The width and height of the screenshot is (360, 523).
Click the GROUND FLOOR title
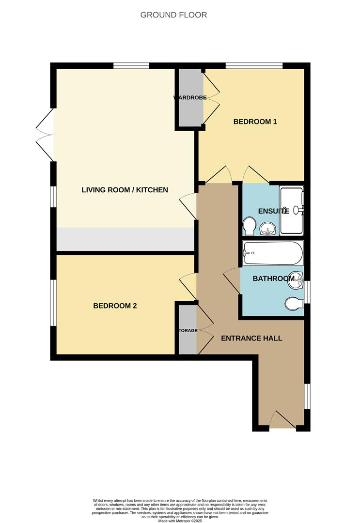click(x=173, y=15)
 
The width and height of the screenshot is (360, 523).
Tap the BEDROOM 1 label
click(x=255, y=122)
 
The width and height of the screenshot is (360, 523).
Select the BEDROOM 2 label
click(x=115, y=306)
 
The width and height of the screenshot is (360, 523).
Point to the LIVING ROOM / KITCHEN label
click(x=125, y=190)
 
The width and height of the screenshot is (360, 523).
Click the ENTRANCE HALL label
click(x=251, y=338)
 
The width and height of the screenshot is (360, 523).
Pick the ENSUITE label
click(x=273, y=211)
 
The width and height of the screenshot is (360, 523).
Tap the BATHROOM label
click(x=273, y=278)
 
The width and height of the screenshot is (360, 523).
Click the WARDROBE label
click(x=190, y=98)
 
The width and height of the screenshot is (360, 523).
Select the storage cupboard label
click(x=188, y=331)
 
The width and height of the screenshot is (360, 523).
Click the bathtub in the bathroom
click(x=273, y=253)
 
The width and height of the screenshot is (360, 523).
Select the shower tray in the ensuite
click(x=291, y=199)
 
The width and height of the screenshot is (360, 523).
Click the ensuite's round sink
click(x=266, y=229)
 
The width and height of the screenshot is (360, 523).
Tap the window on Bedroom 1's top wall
click(x=254, y=65)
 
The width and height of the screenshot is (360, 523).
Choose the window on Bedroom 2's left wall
click(x=53, y=303)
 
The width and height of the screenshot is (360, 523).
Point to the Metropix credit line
click(x=180, y=521)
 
